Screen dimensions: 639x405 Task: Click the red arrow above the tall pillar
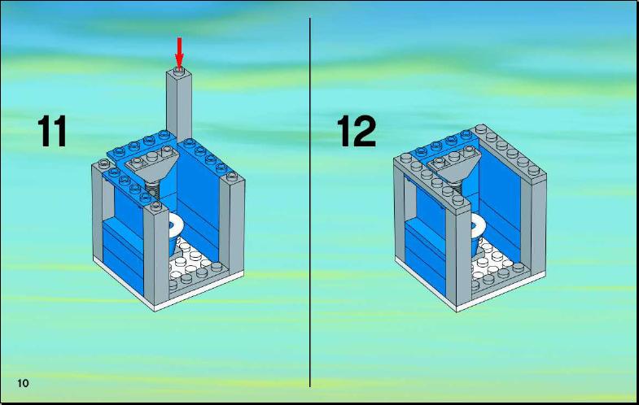[x=179, y=50]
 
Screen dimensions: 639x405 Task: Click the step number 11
[x=52, y=131]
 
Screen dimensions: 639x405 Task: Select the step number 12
[x=357, y=131]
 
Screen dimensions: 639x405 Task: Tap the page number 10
[x=24, y=383]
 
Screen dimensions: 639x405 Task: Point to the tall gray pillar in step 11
[x=179, y=105]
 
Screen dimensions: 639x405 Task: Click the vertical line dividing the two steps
[x=309, y=202]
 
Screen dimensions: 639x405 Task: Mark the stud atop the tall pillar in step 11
[x=178, y=70]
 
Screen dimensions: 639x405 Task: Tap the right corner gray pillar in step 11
[x=232, y=224]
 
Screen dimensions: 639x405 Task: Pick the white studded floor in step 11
[x=191, y=260]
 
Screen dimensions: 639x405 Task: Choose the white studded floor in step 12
[x=495, y=260]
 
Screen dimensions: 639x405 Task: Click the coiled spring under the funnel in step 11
[x=151, y=189]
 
